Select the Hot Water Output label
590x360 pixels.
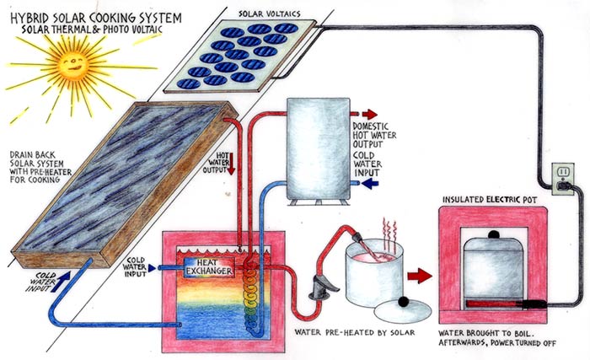(x=224, y=162)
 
